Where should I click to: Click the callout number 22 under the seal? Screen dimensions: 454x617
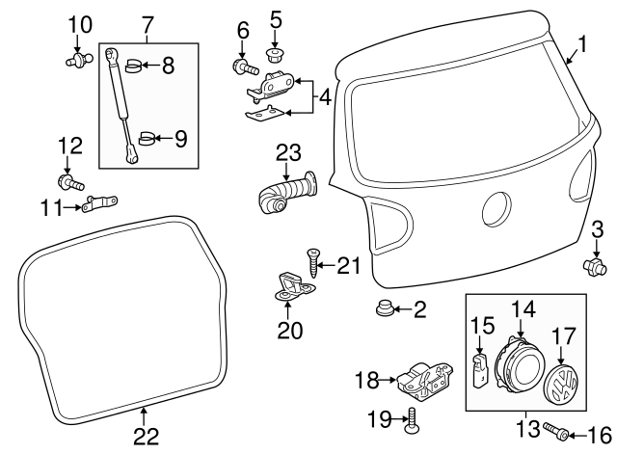click(144, 437)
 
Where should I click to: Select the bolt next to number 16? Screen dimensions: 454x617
click(554, 429)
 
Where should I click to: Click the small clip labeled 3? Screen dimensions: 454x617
click(594, 263)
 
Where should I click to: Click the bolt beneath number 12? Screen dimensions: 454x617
click(69, 181)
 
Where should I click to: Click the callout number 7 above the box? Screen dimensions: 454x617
click(148, 21)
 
